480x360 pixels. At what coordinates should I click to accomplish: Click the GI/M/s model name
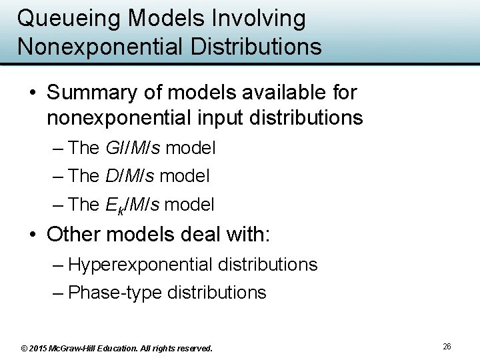[x=133, y=147]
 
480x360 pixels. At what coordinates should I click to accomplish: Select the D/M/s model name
[x=130, y=176]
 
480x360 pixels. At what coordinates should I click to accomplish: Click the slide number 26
[x=447, y=346]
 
